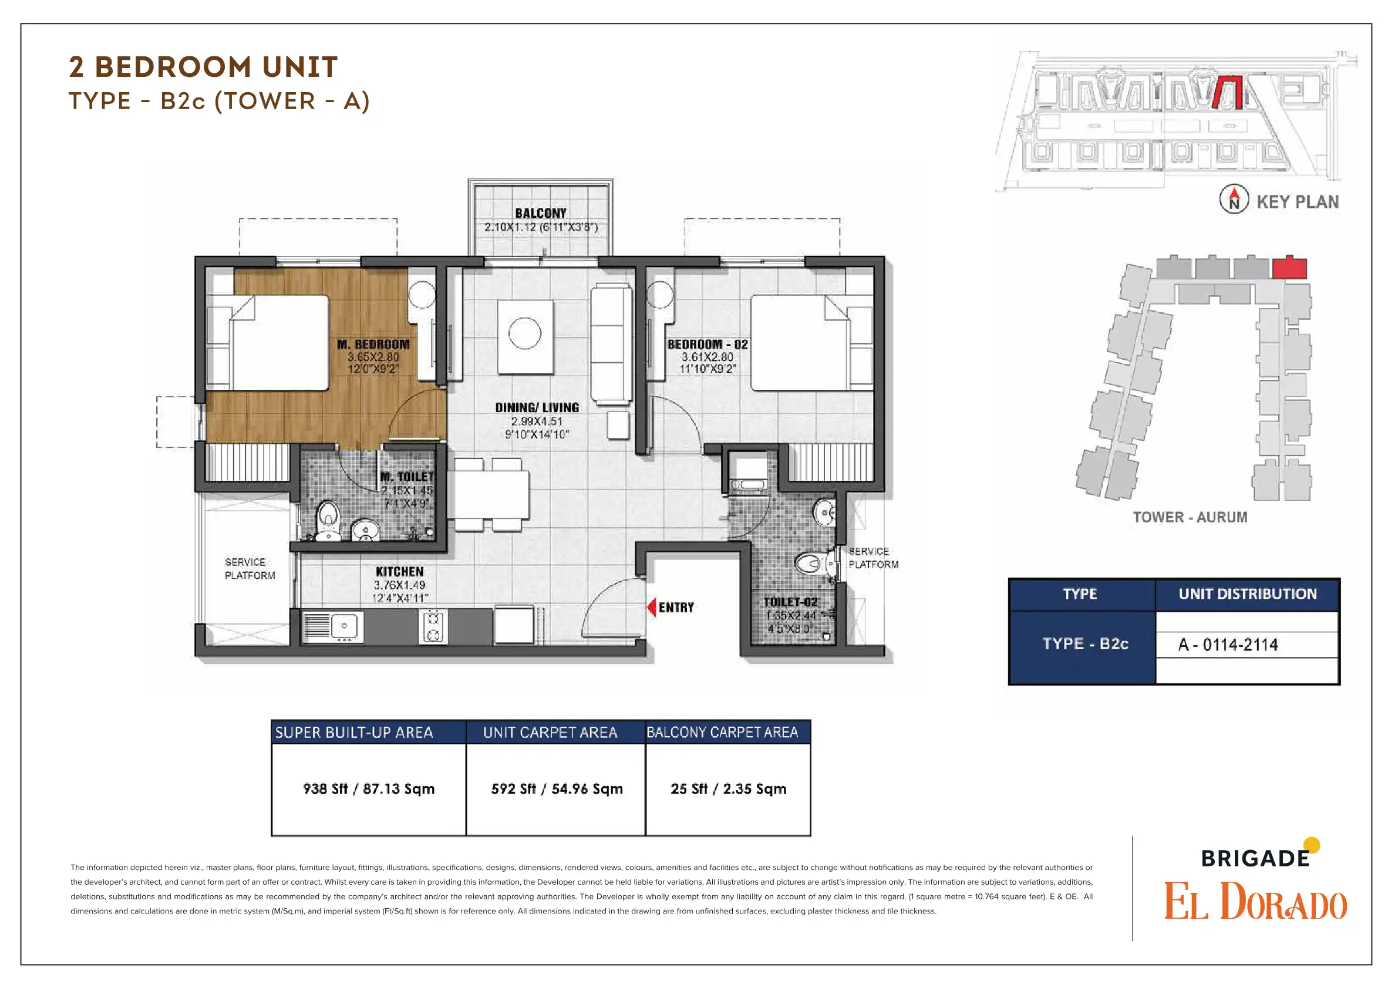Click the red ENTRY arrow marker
(652, 608)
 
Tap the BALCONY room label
(541, 213)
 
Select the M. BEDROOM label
(373, 344)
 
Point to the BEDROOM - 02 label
(707, 344)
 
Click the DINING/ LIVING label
(537, 408)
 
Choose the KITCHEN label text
(399, 572)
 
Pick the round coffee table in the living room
(525, 333)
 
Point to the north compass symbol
(1234, 199)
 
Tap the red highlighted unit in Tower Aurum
(1289, 267)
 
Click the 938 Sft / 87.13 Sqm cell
(369, 789)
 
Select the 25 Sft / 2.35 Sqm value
(728, 789)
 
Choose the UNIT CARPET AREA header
(550, 732)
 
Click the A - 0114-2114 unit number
(1228, 645)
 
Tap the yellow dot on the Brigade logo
(1312, 845)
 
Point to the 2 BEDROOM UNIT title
(203, 67)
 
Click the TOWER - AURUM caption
(1190, 517)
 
